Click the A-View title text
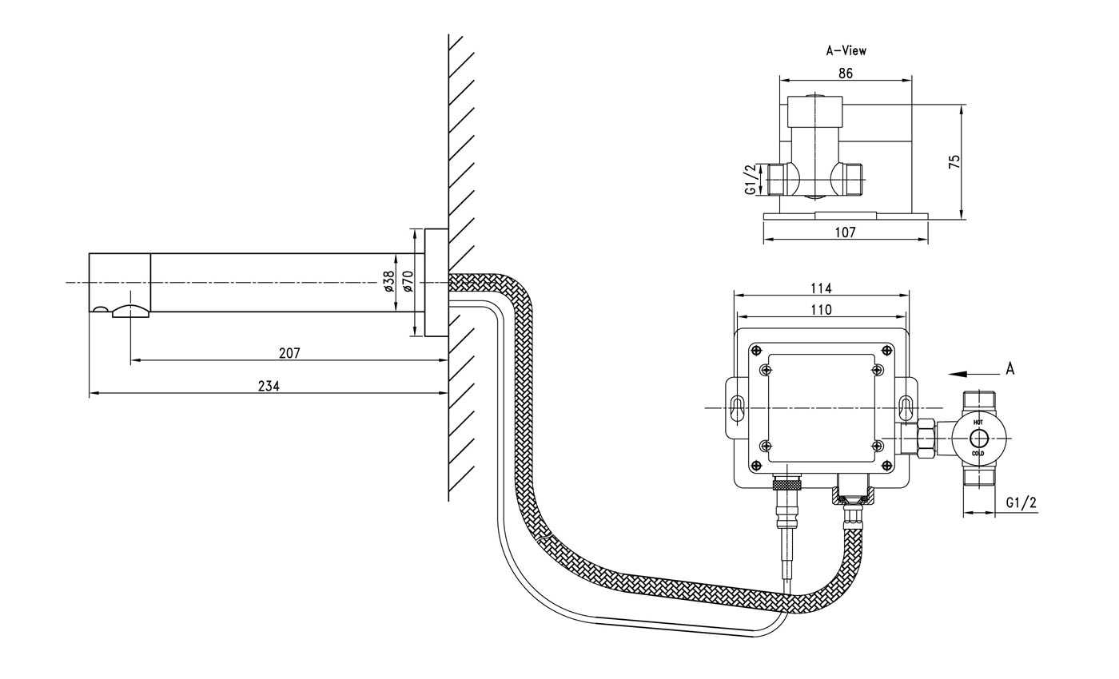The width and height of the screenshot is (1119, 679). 846,50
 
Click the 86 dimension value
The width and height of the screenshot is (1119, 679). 845,73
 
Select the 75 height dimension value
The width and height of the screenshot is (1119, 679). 954,161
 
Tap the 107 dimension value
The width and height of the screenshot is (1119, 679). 845,232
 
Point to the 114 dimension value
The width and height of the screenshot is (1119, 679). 821,288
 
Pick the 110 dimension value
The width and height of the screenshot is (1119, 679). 821,309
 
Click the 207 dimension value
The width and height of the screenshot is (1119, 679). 289,352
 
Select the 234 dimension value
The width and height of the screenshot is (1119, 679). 269,386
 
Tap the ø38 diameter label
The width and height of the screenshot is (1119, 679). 388,281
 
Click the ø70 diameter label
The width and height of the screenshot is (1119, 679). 407,281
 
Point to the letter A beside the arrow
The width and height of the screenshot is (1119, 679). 1010,369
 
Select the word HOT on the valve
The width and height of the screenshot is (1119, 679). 978,421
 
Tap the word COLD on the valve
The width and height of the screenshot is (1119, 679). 978,454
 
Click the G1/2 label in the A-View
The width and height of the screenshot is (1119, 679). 750,180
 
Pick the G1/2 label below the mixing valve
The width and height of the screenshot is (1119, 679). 1021,502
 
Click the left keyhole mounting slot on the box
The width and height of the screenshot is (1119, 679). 737,407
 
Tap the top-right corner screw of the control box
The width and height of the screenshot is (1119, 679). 887,349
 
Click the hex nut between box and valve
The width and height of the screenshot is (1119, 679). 926,438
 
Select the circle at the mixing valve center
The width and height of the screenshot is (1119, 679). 978,438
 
